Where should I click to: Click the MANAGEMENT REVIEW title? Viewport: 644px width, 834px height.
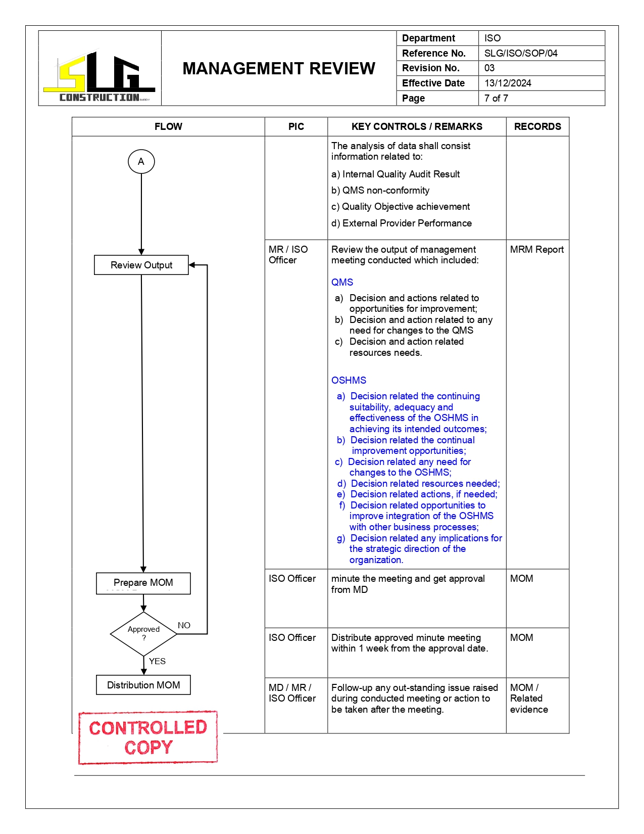[x=279, y=68]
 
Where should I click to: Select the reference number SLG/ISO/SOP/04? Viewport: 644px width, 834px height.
[x=521, y=53]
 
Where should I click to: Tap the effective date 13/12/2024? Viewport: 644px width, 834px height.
[x=508, y=83]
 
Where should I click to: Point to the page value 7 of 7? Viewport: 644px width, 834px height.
[x=496, y=98]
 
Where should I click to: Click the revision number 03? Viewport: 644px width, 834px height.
[x=489, y=68]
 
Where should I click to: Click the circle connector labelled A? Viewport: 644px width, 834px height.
[x=141, y=161]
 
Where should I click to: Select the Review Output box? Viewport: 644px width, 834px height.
[x=141, y=265]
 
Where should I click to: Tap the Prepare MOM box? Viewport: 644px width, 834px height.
[x=143, y=583]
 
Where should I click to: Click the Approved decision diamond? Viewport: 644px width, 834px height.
[x=143, y=633]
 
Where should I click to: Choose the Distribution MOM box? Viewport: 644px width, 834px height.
[x=143, y=685]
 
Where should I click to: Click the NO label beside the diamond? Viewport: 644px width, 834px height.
[x=184, y=625]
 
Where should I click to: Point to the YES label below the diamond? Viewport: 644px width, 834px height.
[x=157, y=661]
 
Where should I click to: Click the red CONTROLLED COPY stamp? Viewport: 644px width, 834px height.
[x=148, y=737]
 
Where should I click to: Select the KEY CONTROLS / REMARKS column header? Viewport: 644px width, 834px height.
[x=417, y=126]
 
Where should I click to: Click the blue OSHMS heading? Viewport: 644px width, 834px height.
[x=349, y=380]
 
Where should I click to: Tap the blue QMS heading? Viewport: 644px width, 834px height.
[x=342, y=282]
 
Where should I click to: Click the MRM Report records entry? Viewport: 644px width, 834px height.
[x=536, y=249]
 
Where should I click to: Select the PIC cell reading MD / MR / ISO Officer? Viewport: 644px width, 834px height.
[x=292, y=693]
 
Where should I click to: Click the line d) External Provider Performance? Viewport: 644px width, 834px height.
[x=402, y=223]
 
